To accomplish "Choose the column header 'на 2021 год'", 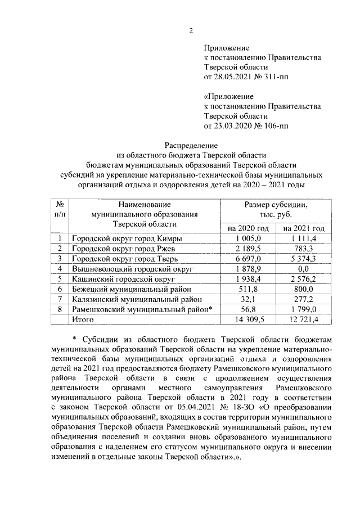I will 304,228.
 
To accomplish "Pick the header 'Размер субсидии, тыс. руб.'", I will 276,210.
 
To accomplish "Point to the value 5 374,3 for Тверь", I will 304,259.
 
